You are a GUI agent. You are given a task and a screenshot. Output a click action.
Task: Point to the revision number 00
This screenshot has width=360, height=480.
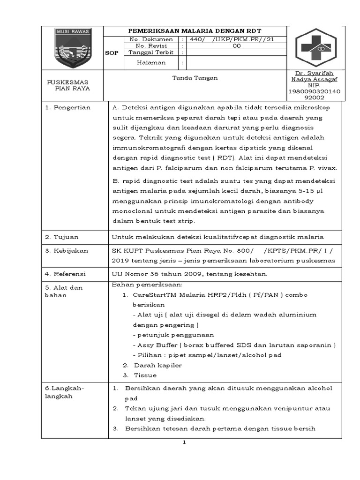click(x=237, y=46)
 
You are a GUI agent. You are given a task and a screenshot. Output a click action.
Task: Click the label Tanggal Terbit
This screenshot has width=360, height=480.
click(x=150, y=52)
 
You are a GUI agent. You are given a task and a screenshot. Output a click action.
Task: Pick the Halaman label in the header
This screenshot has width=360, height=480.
click(x=151, y=62)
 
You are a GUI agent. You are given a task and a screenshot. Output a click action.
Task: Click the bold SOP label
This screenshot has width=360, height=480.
click(x=112, y=53)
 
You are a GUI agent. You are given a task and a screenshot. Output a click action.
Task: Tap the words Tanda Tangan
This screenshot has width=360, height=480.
click(x=195, y=78)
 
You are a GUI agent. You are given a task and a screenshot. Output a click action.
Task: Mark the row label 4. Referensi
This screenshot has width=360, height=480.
click(x=66, y=273)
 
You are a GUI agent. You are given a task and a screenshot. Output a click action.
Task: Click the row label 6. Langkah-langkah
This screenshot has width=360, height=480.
click(x=64, y=392)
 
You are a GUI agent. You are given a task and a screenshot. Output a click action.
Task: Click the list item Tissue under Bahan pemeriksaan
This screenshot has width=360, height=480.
click(x=145, y=375)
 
